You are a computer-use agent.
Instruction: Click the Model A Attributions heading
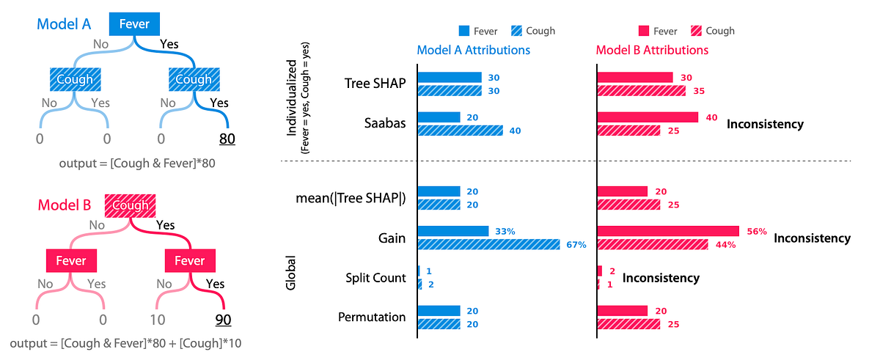[x=473, y=51]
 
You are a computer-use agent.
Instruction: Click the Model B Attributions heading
[x=652, y=51]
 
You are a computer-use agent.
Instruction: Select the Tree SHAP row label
[x=374, y=84]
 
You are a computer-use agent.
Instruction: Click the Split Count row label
[x=375, y=278]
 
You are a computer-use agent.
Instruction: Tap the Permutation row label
[x=372, y=317]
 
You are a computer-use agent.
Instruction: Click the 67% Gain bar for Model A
[x=488, y=244]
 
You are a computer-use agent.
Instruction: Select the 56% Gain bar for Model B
[x=668, y=231]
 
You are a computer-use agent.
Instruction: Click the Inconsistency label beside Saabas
[x=765, y=124]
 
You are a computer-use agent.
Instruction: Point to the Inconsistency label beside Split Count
[x=660, y=278]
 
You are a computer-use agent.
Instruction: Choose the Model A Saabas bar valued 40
[x=460, y=131]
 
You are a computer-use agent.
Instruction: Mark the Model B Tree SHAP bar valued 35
[x=642, y=91]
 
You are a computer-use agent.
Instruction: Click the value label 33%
[x=504, y=231]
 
